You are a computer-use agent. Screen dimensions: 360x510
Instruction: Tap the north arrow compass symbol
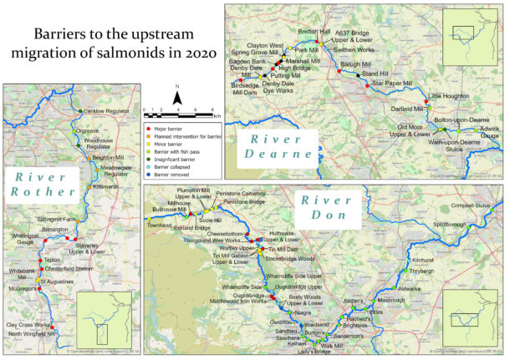point(176,99)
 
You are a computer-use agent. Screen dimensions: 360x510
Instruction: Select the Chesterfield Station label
point(69,269)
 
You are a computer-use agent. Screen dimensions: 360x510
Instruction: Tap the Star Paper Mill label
point(392,84)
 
